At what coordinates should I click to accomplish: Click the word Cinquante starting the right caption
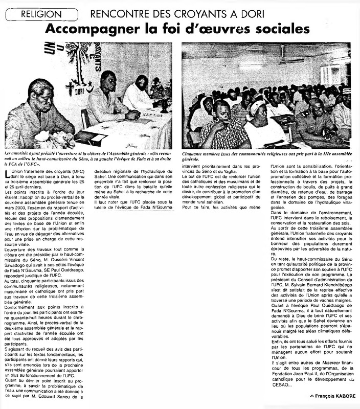pos(196,154)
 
